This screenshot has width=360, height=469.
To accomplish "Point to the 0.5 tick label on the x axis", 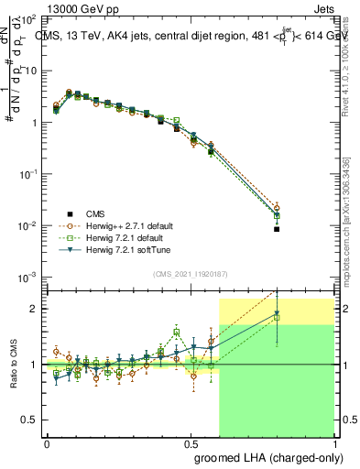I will pos(191,442).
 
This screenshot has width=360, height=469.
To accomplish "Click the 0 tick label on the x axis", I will pos(47,442).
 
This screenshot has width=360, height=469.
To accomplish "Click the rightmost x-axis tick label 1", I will pos(334,442).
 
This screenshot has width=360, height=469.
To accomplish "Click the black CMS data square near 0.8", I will pos(277,229).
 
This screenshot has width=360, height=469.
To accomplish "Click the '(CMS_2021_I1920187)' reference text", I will pos(191,272).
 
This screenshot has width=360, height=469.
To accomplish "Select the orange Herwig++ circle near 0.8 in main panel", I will pos(277,208).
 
